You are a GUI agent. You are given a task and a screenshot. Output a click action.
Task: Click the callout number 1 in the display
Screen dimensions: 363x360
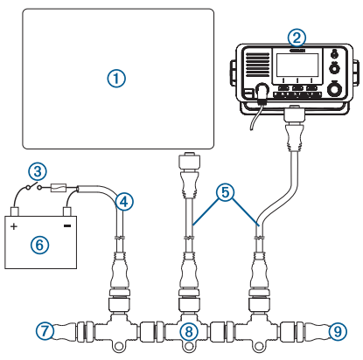(x=116, y=79)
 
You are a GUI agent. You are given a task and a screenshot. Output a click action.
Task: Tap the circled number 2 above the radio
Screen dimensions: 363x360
(x=297, y=38)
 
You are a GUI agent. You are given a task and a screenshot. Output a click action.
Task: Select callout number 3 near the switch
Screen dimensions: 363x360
(x=38, y=171)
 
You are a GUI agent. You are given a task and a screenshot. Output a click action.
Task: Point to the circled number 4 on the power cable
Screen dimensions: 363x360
(x=124, y=202)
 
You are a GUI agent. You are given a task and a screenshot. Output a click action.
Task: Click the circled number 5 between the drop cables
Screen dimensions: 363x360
(x=226, y=192)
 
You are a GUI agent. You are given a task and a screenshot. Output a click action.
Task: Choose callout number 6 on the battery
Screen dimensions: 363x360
(x=39, y=245)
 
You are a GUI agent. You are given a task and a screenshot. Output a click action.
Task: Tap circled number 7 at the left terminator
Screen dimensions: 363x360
(x=45, y=331)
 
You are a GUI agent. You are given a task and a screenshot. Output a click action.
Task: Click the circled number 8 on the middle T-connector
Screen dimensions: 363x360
(x=189, y=331)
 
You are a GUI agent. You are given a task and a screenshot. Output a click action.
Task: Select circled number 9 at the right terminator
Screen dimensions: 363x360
(x=338, y=331)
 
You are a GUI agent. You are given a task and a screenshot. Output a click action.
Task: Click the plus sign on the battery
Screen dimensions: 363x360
(x=14, y=226)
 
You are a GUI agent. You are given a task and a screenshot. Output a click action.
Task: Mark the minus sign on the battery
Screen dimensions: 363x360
(x=67, y=225)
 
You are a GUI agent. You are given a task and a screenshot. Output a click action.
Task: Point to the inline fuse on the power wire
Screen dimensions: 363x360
(x=59, y=187)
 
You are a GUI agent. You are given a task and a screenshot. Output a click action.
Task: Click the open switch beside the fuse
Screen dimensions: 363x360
(x=32, y=185)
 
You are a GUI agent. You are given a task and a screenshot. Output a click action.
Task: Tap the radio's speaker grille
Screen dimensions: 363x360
(x=258, y=65)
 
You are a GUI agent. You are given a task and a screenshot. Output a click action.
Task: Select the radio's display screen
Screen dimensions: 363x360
(x=297, y=65)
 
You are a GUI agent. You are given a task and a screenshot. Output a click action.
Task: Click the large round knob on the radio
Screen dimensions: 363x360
(x=334, y=89)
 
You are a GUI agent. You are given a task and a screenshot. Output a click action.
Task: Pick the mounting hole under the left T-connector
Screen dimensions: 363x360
(x=118, y=346)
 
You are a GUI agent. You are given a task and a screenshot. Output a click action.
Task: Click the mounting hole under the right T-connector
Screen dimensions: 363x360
(x=257, y=346)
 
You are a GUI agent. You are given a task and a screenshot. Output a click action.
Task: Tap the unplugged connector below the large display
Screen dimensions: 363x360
(x=189, y=160)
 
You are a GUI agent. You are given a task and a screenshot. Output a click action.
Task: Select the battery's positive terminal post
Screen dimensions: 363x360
(x=15, y=211)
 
